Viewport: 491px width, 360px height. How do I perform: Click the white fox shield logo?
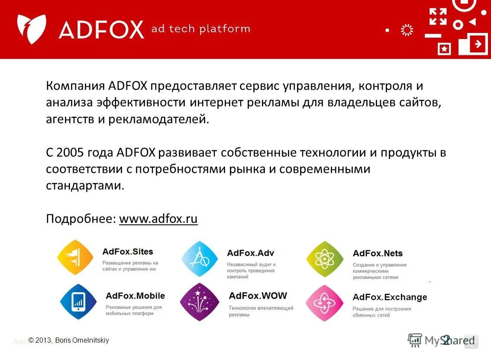tap(32, 29)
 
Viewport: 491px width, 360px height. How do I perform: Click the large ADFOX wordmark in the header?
tap(101, 30)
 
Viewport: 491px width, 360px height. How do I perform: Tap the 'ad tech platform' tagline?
tap(200, 29)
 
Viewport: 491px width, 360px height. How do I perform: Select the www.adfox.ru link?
tap(158, 219)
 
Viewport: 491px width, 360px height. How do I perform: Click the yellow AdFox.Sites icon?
tap(75, 257)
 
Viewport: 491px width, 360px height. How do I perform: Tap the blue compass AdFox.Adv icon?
tap(200, 259)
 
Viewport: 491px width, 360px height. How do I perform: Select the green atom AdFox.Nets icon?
tap(325, 259)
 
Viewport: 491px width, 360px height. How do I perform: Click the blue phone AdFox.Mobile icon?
tap(78, 302)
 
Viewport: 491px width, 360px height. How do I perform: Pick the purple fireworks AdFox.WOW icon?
tap(200, 302)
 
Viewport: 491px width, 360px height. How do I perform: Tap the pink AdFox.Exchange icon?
tap(324, 303)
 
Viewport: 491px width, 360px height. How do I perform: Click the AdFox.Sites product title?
tap(128, 252)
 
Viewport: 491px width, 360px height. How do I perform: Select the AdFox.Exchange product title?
tap(390, 297)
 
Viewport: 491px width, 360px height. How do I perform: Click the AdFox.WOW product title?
tap(258, 296)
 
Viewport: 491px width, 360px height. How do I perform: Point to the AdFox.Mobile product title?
tap(135, 296)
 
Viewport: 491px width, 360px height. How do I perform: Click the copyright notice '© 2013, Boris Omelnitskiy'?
tap(69, 341)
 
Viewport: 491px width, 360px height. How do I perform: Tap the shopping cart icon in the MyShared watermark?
tap(415, 340)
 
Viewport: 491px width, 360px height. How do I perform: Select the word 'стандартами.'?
tap(85, 186)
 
